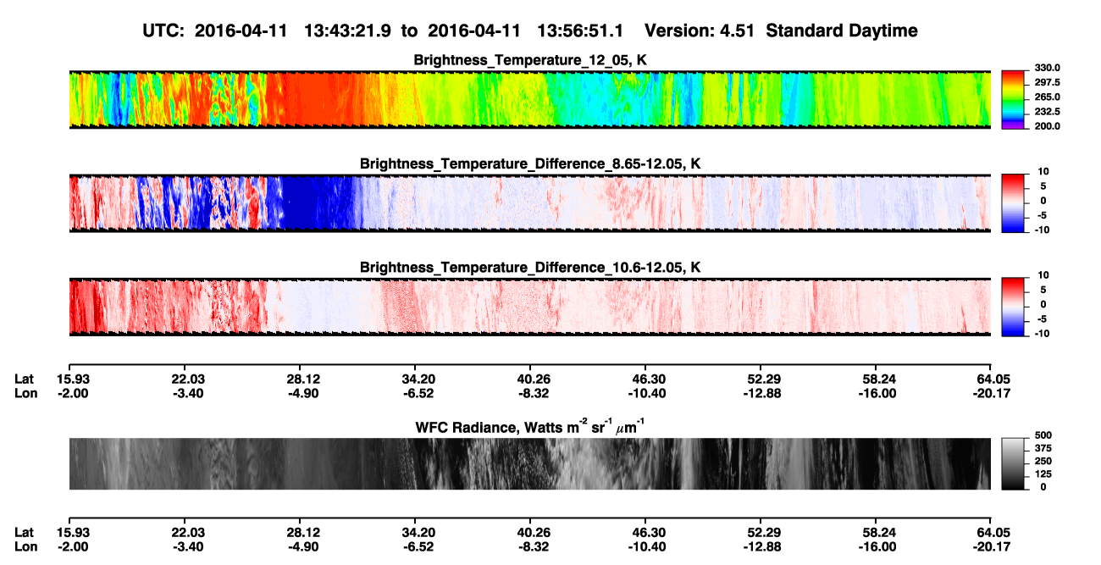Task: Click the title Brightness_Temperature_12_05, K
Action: (x=530, y=60)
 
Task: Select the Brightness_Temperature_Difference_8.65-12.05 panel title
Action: (x=530, y=163)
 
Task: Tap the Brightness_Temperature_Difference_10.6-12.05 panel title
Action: (x=530, y=268)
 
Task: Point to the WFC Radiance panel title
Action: (x=530, y=427)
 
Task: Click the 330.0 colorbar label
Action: (x=1047, y=68)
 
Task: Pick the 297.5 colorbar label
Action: (x=1047, y=82)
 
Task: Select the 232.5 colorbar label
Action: (x=1047, y=112)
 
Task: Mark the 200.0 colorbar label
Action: (x=1047, y=126)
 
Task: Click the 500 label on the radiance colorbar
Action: (x=1043, y=435)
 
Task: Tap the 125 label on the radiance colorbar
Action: (x=1043, y=474)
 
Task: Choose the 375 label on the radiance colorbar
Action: (x=1043, y=448)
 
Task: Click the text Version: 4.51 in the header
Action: (x=700, y=31)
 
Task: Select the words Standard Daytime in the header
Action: (x=842, y=31)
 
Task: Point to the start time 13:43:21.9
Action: (x=347, y=31)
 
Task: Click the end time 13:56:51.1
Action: (x=580, y=31)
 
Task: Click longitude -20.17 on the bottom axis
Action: (x=992, y=547)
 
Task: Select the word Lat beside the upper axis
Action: (x=24, y=379)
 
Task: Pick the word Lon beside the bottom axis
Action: (x=26, y=547)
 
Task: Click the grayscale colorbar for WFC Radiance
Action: (x=1013, y=463)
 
